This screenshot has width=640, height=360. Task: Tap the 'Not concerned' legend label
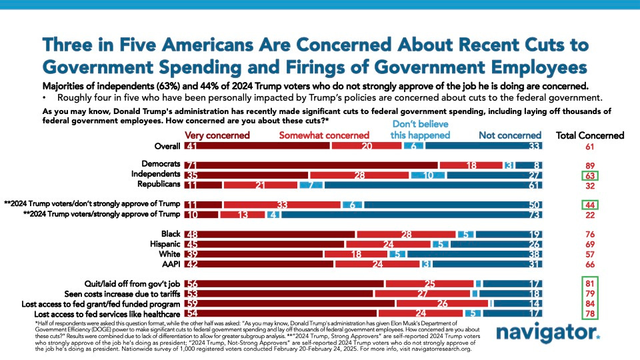tap(510, 135)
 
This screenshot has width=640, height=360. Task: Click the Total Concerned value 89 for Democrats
tap(589, 165)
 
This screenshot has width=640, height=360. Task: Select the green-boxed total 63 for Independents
tap(589, 175)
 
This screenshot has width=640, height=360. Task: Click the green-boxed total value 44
tap(589, 205)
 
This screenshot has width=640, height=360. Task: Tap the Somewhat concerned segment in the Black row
tap(405, 235)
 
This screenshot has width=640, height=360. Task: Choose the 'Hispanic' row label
tap(164, 245)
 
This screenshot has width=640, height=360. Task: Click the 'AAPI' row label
tap(170, 264)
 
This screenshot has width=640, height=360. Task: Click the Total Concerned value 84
tap(589, 303)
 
